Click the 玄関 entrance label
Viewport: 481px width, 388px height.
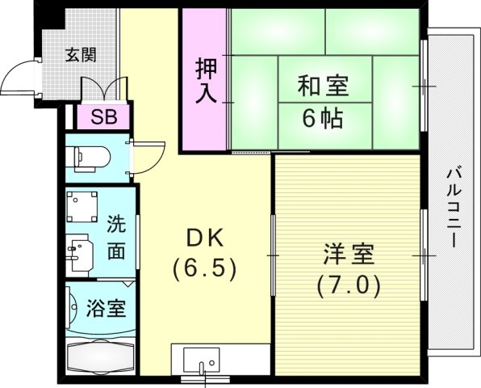pyautogui.click(x=81, y=55)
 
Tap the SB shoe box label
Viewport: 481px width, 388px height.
pyautogui.click(x=102, y=116)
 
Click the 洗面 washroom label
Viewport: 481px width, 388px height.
pyautogui.click(x=116, y=235)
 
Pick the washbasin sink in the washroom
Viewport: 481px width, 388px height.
pyautogui.click(x=82, y=253)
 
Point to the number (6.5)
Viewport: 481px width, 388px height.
pyautogui.click(x=203, y=268)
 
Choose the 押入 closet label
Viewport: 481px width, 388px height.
pyautogui.click(x=205, y=78)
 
